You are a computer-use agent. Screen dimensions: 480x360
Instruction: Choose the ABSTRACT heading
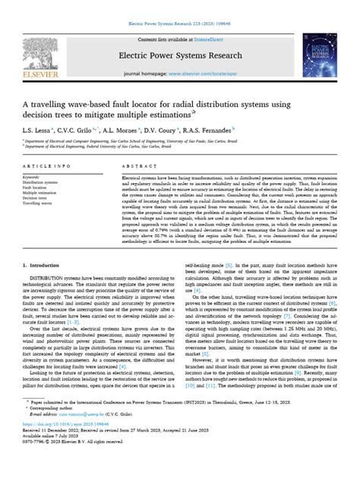click(134, 165)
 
